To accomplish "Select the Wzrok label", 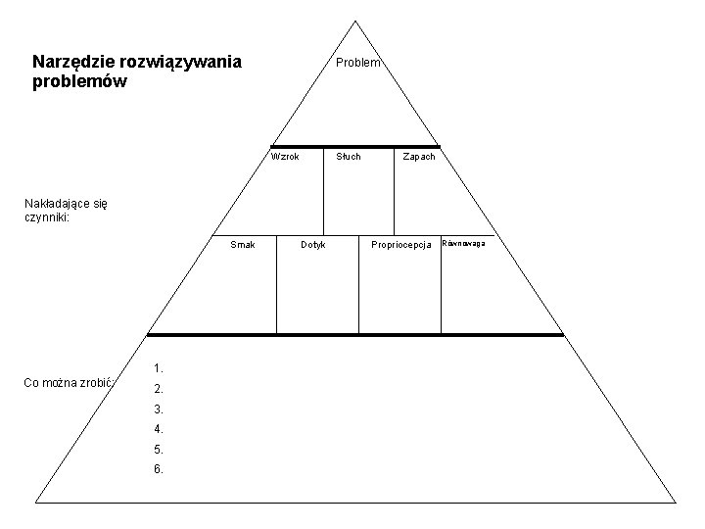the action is tap(285, 157).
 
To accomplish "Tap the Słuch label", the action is tap(349, 157).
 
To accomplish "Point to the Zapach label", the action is tap(419, 157).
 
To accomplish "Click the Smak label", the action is tap(242, 244).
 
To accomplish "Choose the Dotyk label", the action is tap(312, 244).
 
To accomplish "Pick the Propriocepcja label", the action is tap(401, 244).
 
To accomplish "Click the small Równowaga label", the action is tap(465, 242).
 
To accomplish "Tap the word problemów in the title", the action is tap(79, 82).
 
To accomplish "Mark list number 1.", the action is tap(158, 368).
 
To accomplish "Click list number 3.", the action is tap(158, 409).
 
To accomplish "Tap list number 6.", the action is tap(158, 469).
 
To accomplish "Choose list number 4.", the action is tap(158, 429).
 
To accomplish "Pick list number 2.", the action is tap(158, 389).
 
